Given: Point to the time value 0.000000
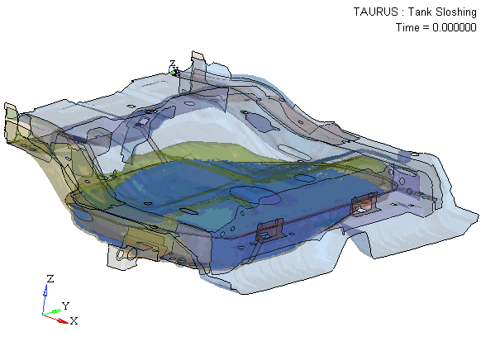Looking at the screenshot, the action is (455, 27).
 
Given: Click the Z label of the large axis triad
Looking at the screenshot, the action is (50, 279).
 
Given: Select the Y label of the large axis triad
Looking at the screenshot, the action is (65, 306).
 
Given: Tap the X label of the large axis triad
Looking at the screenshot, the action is (74, 321).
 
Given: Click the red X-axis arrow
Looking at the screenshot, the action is (56, 319).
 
